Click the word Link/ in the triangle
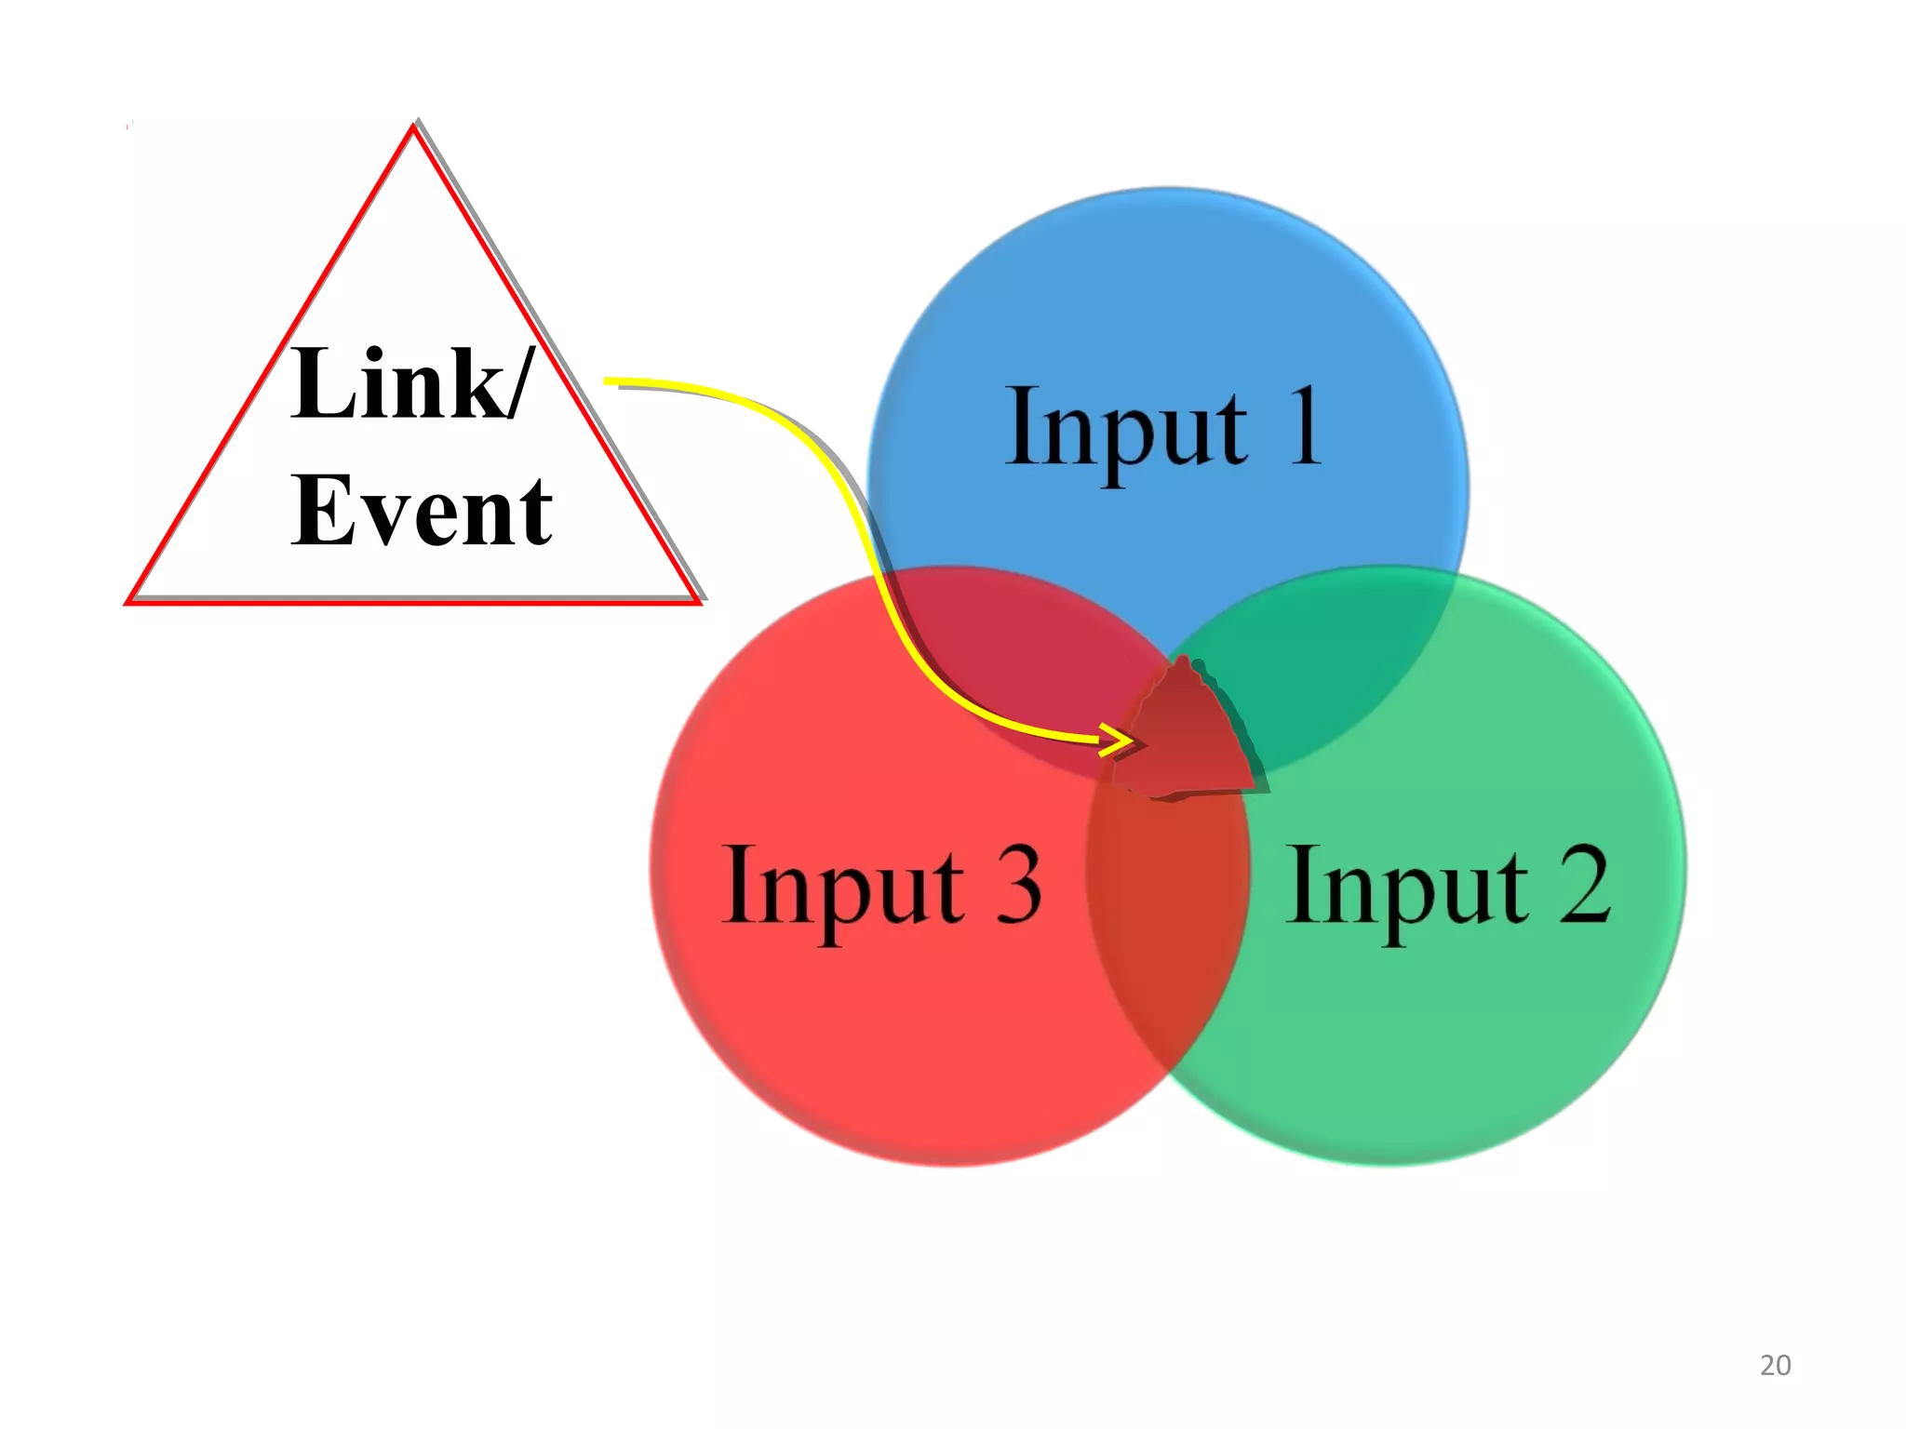click(411, 383)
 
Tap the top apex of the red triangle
click(413, 128)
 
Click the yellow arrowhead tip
click(1133, 741)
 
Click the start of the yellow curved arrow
click(607, 381)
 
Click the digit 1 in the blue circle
click(1305, 425)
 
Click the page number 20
click(1775, 1365)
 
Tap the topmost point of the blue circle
click(1168, 189)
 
